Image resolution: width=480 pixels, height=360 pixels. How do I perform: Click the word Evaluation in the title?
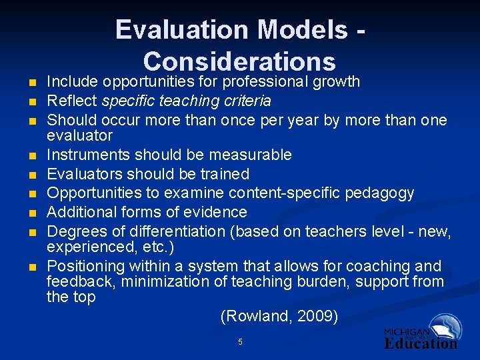pyautogui.click(x=181, y=30)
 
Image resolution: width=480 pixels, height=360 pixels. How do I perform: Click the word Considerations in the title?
pyautogui.click(x=239, y=61)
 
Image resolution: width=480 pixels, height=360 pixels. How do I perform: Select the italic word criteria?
pyautogui.click(x=248, y=101)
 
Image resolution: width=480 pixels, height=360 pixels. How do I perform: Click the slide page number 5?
pyautogui.click(x=240, y=342)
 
